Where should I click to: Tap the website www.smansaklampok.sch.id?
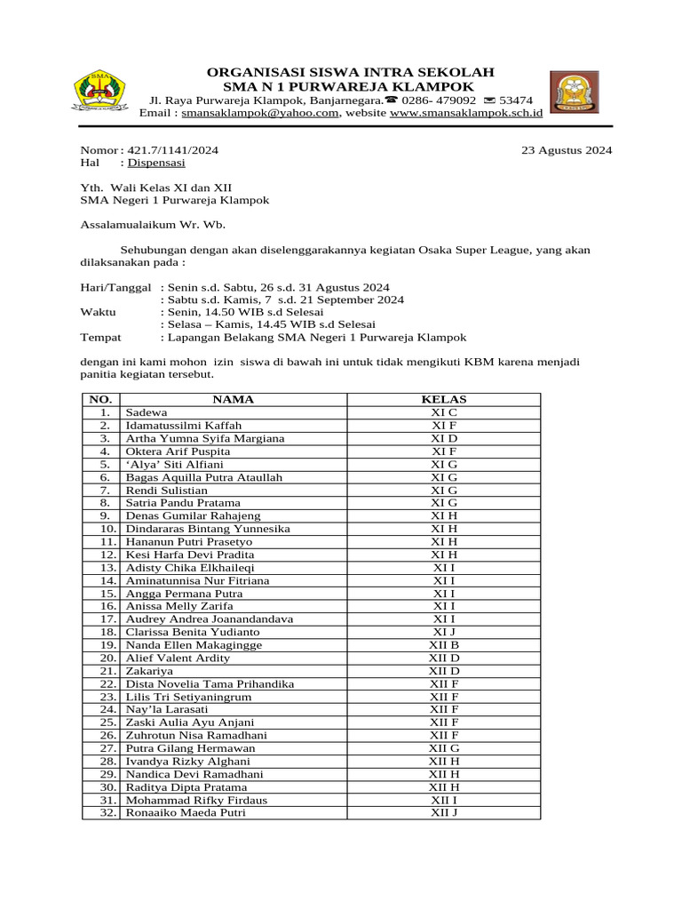[466, 114]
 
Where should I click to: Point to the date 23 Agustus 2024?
[567, 150]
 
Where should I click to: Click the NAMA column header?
[233, 400]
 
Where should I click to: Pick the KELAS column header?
[444, 400]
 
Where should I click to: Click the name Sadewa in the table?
[146, 413]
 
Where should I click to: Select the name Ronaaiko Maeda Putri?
[186, 812]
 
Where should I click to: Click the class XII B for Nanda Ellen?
[444, 645]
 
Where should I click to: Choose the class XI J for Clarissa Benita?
[444, 632]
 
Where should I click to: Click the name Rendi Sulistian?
[167, 491]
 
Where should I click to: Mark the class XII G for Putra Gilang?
[444, 748]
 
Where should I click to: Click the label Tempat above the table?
[101, 338]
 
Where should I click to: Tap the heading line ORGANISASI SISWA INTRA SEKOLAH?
[350, 72]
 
